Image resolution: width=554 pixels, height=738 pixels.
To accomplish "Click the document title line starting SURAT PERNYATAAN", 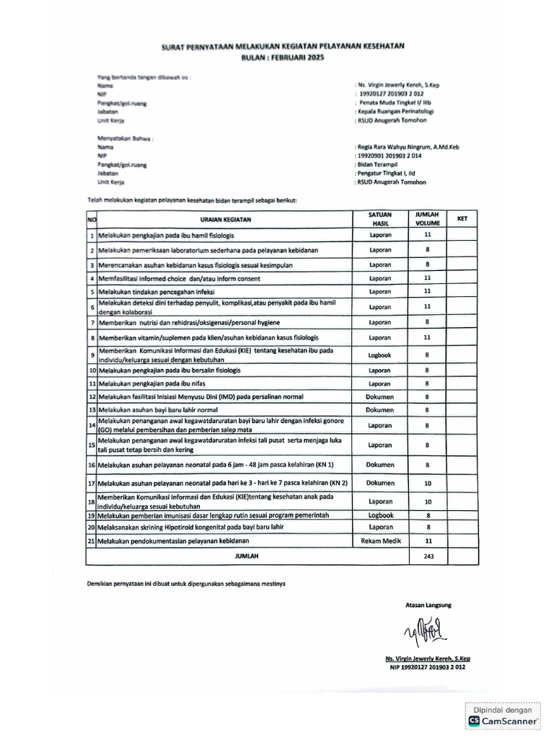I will click(282, 46).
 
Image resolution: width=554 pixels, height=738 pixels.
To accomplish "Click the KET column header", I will click(462, 217).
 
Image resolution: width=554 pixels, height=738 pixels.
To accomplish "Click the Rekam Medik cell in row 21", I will click(379, 540).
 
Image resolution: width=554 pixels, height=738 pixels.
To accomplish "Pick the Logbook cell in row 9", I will click(379, 355).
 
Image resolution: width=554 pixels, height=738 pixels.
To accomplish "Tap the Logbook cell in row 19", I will click(379, 515).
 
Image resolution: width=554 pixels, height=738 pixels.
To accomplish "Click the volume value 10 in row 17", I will click(427, 483).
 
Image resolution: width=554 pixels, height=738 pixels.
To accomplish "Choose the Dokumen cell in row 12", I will click(379, 396).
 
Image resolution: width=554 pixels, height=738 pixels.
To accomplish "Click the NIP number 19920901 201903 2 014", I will click(390, 155).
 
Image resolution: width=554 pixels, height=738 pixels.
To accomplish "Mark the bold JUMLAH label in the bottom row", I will click(247, 556).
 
